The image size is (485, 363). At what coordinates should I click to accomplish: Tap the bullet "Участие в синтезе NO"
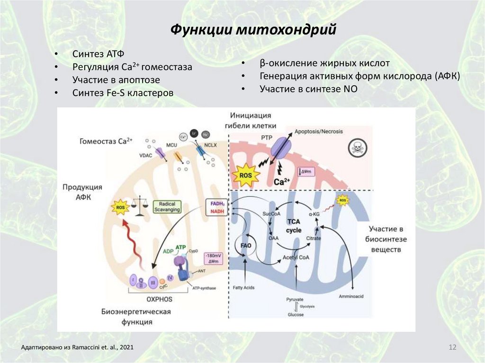coord(308,89)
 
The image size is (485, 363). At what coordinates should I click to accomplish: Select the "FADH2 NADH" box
coord(215,207)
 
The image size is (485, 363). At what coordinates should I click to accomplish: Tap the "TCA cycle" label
coord(294,225)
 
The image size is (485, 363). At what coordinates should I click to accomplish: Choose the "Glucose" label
coord(296,314)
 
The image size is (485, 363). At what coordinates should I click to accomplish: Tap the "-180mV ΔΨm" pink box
coord(213,258)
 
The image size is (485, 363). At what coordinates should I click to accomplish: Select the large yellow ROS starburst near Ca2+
coord(246,176)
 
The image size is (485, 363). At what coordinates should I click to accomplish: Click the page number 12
coord(452,348)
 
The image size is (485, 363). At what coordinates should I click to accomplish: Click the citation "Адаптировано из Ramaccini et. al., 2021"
coord(77,348)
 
